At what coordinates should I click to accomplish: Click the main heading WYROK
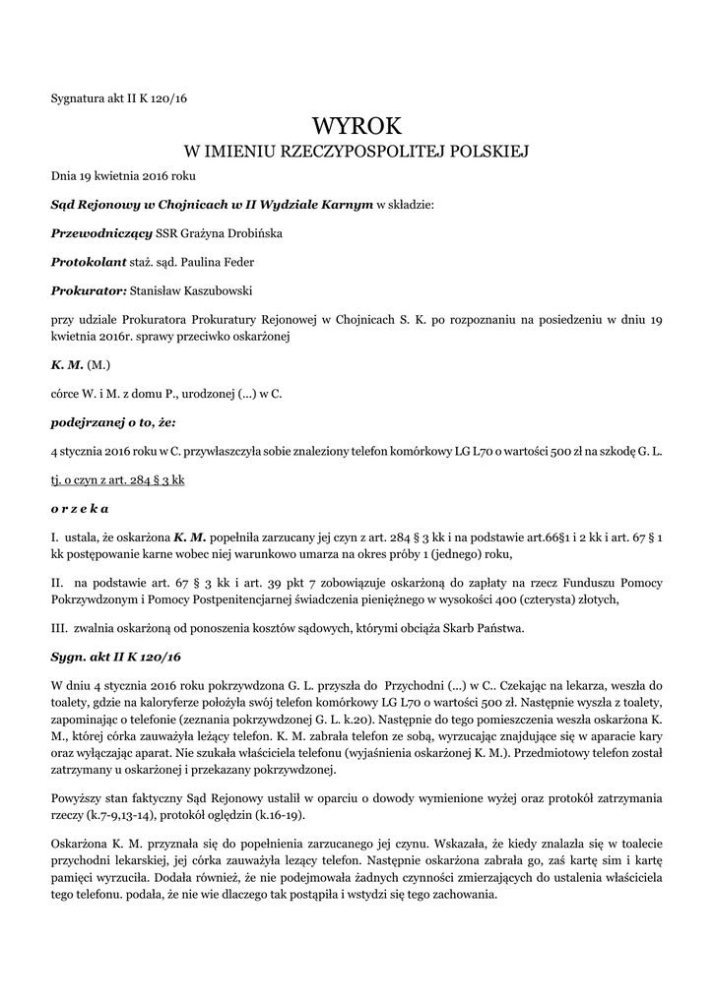coord(357,125)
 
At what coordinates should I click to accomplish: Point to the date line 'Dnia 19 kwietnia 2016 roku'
coord(124,176)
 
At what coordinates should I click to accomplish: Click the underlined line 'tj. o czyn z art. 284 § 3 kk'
coord(118,479)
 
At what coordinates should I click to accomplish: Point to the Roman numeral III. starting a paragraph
coord(58,628)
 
